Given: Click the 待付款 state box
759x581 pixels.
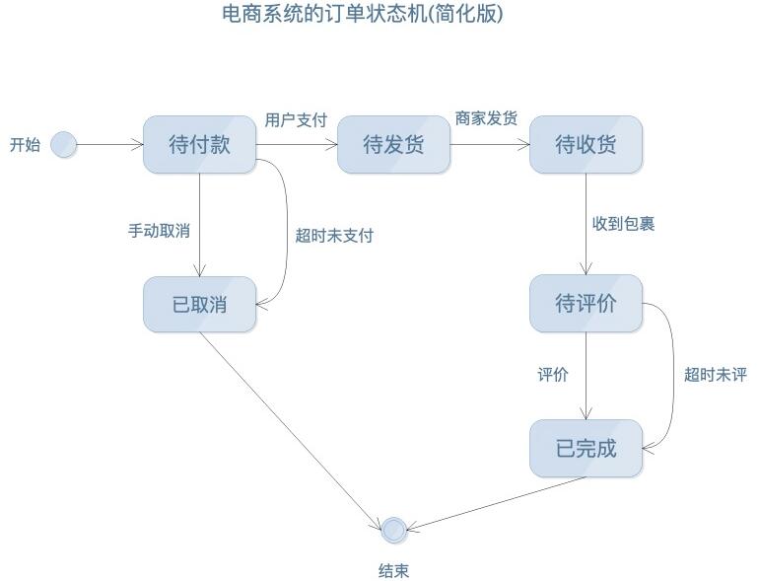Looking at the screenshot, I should tap(199, 145).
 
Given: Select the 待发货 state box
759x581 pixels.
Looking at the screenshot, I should tap(393, 145).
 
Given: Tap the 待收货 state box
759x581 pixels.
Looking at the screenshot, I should tap(586, 145).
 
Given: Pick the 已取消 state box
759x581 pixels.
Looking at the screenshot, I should tap(199, 305).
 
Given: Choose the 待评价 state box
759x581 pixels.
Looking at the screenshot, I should tap(586, 304).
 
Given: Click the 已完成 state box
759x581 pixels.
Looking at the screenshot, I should tap(586, 449).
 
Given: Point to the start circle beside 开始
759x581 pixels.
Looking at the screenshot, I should tap(64, 145).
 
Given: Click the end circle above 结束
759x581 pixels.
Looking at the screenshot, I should tap(394, 530).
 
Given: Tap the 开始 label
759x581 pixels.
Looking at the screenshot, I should tap(26, 145).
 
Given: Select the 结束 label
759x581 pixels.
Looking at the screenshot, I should tap(393, 570).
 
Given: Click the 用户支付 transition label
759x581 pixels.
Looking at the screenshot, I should tap(296, 120).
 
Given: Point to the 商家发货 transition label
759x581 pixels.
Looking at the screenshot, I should tap(486, 118).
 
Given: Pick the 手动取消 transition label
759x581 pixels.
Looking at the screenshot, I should tap(159, 231).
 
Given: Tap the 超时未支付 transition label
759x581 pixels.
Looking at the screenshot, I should tap(334, 236).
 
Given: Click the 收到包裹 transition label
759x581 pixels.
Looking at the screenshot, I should tap(623, 224).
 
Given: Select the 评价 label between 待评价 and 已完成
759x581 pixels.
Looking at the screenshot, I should tap(553, 375).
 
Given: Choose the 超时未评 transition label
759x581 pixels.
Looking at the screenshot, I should tap(716, 375).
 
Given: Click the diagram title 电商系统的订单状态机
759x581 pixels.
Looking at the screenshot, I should tap(362, 15).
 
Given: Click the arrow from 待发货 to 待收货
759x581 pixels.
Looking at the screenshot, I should tap(490, 145).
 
